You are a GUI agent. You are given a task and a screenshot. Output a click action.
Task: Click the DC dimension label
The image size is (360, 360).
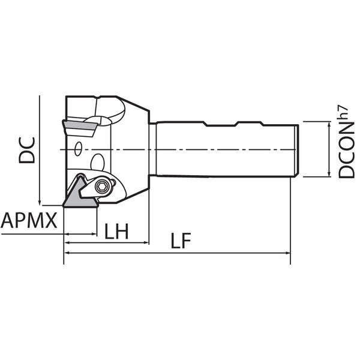point(27,150)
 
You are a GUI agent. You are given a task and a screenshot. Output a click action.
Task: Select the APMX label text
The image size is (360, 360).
point(29,220)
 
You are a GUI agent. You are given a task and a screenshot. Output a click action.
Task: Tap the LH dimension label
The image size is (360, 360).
point(116,231)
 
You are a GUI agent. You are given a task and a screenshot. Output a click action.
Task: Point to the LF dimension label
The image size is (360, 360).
point(181,241)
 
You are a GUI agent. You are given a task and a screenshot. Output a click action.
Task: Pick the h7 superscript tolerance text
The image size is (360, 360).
point(343,113)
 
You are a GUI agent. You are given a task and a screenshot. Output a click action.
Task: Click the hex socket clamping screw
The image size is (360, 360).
point(101,187)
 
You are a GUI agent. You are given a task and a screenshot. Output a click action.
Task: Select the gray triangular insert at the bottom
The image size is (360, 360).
point(80,194)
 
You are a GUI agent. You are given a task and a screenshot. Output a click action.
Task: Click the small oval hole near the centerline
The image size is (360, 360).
point(78,149)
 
